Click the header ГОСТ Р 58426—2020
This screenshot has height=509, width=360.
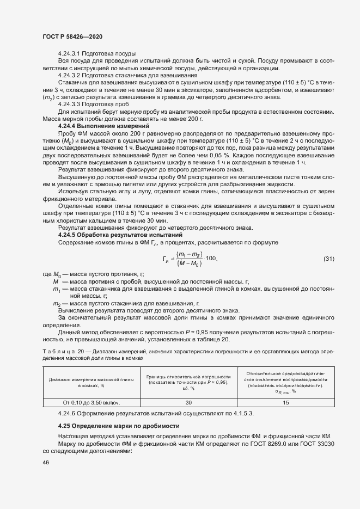point(72,36)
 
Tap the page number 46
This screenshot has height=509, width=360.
point(45,462)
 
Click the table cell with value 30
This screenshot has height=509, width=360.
point(189,402)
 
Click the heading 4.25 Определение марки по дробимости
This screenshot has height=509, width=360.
point(119,425)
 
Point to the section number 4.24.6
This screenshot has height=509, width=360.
point(69,413)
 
